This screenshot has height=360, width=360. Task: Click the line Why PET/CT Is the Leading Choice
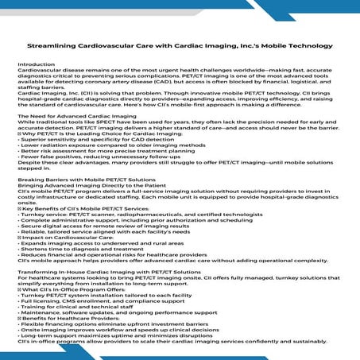(95, 135)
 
